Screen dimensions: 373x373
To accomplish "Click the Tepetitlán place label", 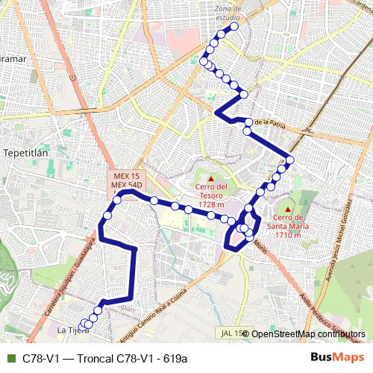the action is (26, 151).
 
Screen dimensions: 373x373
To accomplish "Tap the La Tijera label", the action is (68, 330).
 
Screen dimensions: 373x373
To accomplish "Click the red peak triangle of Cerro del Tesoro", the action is (210, 178).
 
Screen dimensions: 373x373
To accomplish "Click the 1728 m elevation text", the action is (210, 204).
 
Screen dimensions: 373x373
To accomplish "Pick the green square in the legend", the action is (10, 358).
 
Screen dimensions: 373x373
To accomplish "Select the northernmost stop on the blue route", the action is (234, 26).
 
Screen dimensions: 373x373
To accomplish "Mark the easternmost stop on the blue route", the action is (290, 160).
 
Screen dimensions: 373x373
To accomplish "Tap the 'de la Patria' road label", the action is (270, 121).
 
